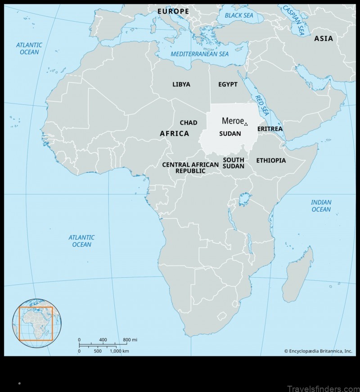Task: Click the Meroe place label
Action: (233, 121)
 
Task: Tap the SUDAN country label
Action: (230, 134)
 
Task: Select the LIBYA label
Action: (181, 84)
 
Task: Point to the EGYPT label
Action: (228, 84)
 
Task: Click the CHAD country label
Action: (189, 122)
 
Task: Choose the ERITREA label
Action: (270, 129)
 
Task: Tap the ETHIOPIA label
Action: (271, 160)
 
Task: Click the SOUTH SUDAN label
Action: (234, 163)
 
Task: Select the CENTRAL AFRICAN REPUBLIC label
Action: (190, 167)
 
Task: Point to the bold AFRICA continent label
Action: (175, 134)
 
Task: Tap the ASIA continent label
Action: (324, 38)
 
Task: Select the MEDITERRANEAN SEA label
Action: (199, 54)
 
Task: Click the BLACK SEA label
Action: (239, 15)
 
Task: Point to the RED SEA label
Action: (260, 104)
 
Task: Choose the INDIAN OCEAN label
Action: (321, 206)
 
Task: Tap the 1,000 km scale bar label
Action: (120, 351)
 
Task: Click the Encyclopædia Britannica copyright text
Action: (318, 351)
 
